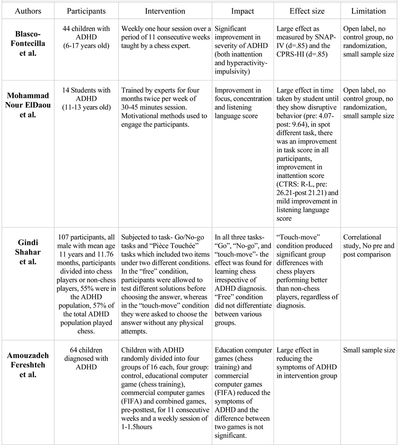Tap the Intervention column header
click(165, 10)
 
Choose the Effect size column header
click(306, 10)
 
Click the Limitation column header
click(369, 10)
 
